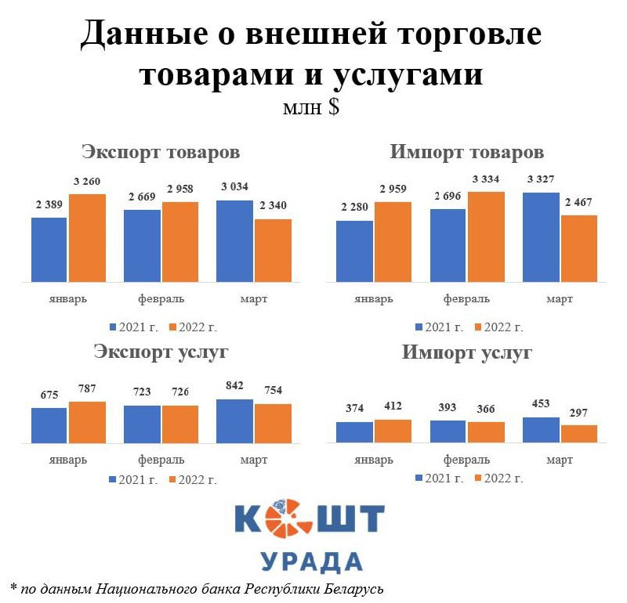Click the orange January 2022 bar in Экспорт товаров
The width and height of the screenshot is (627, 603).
click(87, 237)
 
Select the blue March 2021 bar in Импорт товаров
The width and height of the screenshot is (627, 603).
click(542, 237)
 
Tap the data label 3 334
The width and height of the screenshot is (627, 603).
click(486, 179)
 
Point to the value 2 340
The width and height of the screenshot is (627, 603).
click(273, 206)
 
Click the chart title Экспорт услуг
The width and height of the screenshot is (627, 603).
click(161, 352)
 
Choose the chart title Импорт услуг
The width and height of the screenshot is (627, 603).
click(467, 352)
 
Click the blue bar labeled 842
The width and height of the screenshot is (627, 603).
click(234, 421)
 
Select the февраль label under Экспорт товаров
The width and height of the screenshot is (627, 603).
click(161, 299)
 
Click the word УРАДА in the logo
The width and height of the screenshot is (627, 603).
click(311, 561)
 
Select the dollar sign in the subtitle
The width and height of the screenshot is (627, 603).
click(334, 107)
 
